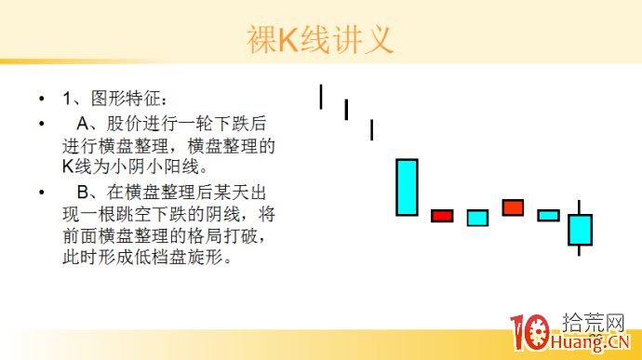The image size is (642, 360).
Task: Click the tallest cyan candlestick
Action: [x=407, y=187]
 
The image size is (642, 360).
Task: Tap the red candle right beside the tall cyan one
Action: [x=442, y=216]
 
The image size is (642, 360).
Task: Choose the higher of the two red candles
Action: [x=513, y=207]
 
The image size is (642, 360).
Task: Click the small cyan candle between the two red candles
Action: [x=477, y=218]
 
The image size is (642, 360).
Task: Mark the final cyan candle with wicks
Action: [x=580, y=230]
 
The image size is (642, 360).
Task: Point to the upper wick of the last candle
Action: [x=580, y=207]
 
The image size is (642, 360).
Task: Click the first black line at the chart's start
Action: [x=320, y=96]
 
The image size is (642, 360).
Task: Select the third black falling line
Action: [x=371, y=129]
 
